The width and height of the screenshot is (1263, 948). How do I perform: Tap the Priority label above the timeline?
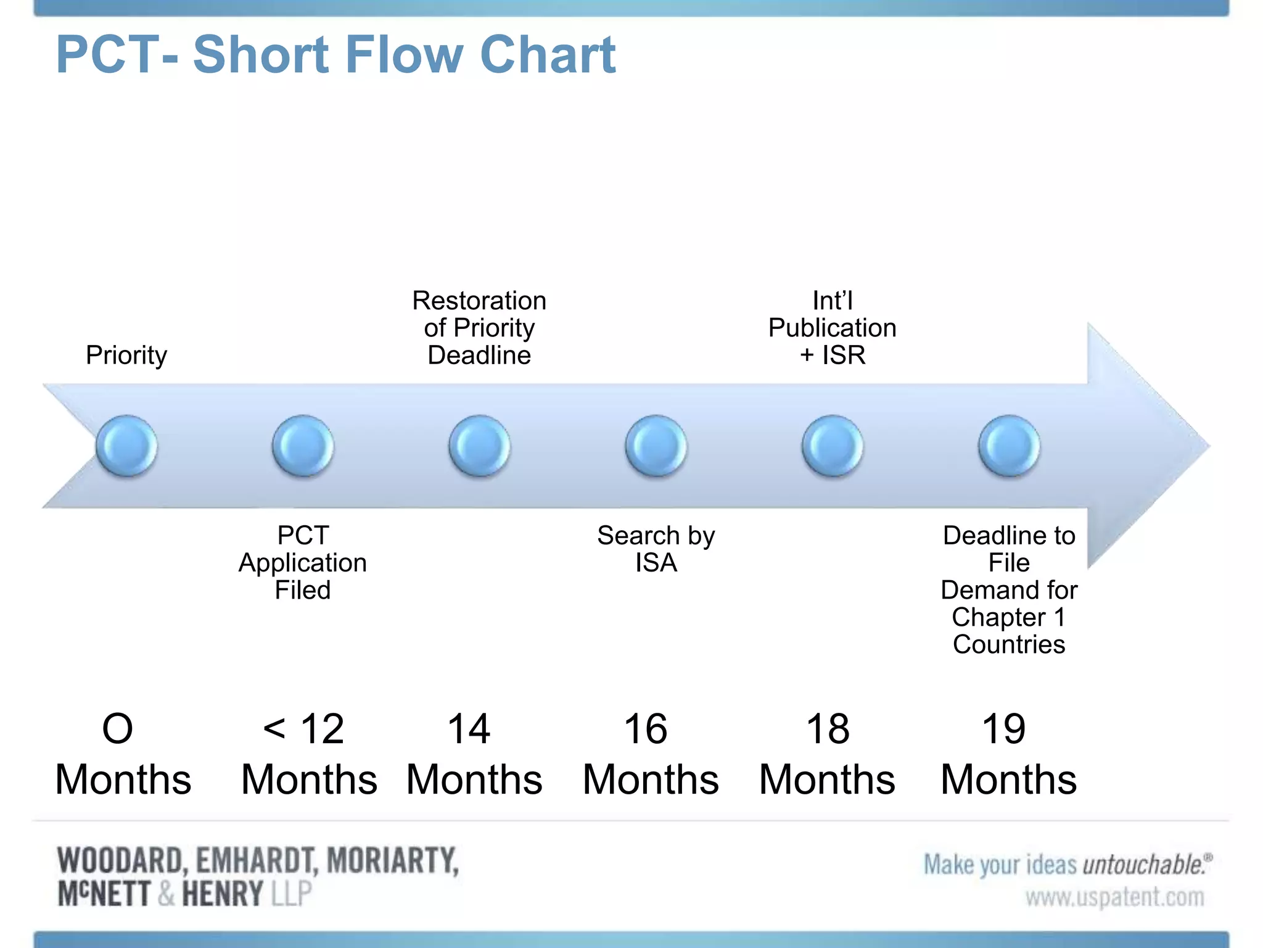point(126,355)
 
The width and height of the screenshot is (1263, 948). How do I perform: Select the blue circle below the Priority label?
point(126,446)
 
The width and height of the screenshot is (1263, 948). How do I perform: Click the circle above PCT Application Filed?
point(303,446)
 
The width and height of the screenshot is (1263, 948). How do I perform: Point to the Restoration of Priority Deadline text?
point(479,328)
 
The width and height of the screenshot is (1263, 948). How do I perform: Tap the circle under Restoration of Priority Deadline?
point(479,446)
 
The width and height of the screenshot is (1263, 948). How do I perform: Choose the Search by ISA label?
point(656,549)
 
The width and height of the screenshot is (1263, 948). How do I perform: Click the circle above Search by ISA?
point(656,446)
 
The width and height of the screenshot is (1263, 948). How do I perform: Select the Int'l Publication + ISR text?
point(832,328)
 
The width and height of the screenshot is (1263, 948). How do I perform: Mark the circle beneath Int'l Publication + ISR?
point(832,446)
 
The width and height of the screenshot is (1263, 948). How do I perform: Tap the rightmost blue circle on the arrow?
point(1009,446)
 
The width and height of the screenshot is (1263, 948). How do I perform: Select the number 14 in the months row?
point(469,729)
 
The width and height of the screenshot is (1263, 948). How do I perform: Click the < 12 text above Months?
point(303,729)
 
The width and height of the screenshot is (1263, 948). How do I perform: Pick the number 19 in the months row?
point(1003,729)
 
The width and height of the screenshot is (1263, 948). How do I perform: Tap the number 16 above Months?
point(645,729)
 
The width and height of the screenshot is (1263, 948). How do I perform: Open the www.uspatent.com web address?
point(1114,897)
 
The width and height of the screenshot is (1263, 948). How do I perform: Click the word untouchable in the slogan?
point(1143,865)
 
